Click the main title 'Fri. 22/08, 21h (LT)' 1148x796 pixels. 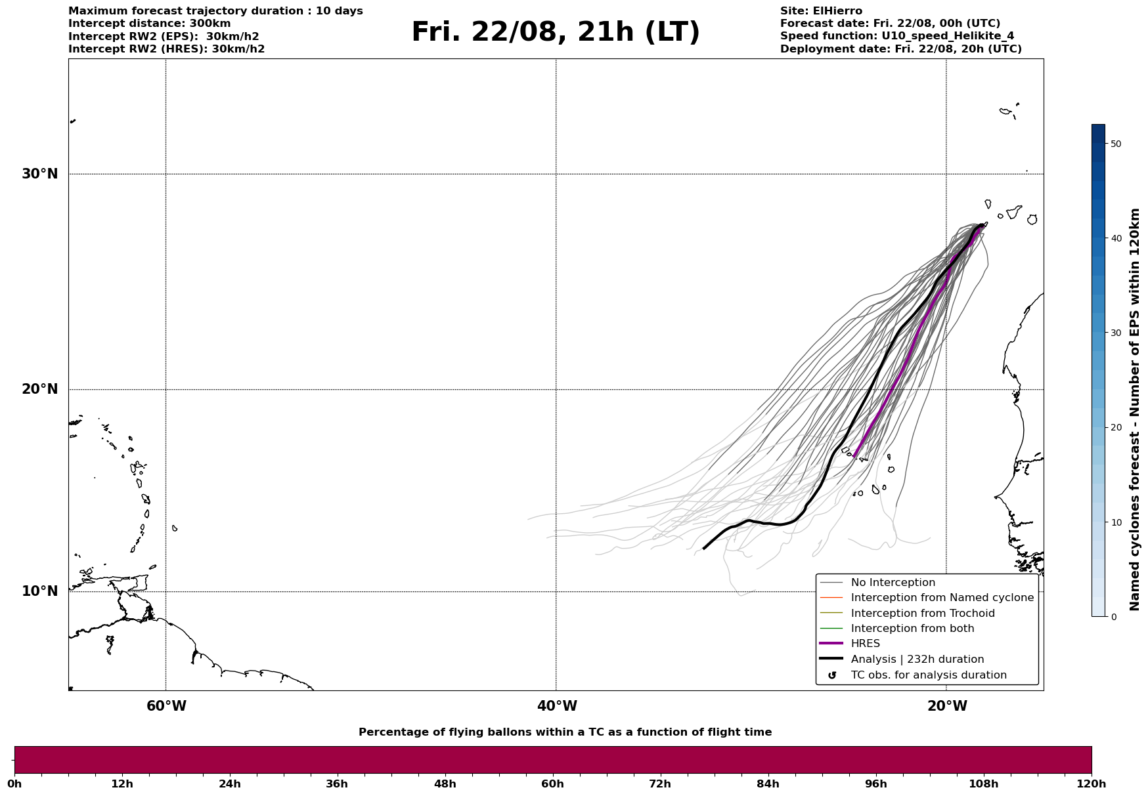(556, 33)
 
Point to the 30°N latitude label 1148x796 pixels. (39, 174)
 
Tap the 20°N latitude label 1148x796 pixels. (39, 389)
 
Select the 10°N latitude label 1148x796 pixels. (39, 591)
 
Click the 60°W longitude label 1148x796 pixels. (166, 706)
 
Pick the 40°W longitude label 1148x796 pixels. (557, 706)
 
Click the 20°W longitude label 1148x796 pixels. (947, 706)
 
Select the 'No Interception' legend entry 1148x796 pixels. (893, 583)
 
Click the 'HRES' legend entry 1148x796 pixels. (865, 644)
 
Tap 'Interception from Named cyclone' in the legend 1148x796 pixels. (942, 598)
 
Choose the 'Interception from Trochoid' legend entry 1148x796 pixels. (922, 614)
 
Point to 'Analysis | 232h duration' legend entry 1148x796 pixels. (917, 660)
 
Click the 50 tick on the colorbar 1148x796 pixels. (1115, 144)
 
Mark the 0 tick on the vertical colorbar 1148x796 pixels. (1113, 617)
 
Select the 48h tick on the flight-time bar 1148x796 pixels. (445, 784)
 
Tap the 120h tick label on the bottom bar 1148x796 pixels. (1092, 784)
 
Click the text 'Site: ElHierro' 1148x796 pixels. (821, 11)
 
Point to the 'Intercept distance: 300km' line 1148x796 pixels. (150, 24)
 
